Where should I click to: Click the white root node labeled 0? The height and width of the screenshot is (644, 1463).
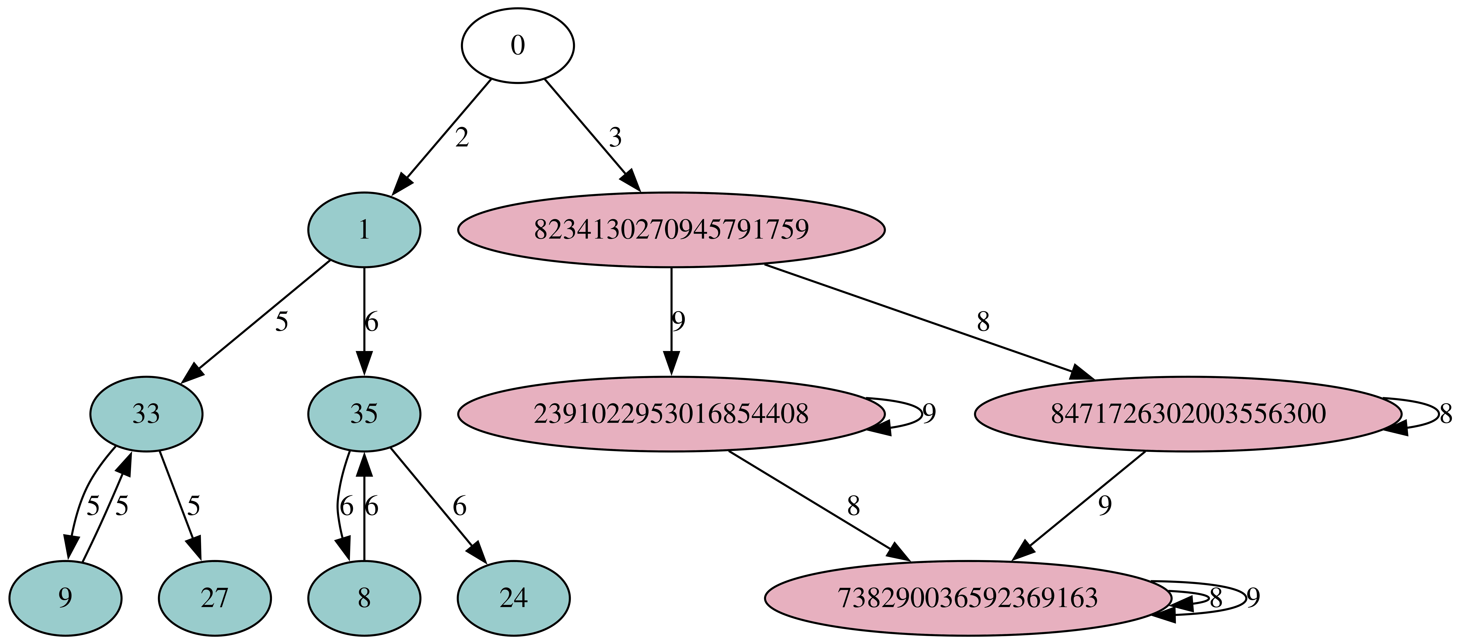[517, 45]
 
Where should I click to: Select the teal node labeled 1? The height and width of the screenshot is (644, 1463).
[364, 230]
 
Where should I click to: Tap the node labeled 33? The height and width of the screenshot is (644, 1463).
[146, 414]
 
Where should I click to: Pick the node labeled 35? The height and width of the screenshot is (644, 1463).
[364, 414]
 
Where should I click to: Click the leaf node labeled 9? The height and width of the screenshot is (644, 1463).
[65, 598]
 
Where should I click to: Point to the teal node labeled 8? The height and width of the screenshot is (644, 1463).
[364, 598]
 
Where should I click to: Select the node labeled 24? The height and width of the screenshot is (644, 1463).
[513, 598]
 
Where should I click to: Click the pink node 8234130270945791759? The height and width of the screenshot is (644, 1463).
[671, 230]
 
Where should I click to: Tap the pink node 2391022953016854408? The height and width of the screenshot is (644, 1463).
[671, 414]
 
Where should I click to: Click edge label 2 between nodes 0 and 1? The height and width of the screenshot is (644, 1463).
[462, 138]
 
